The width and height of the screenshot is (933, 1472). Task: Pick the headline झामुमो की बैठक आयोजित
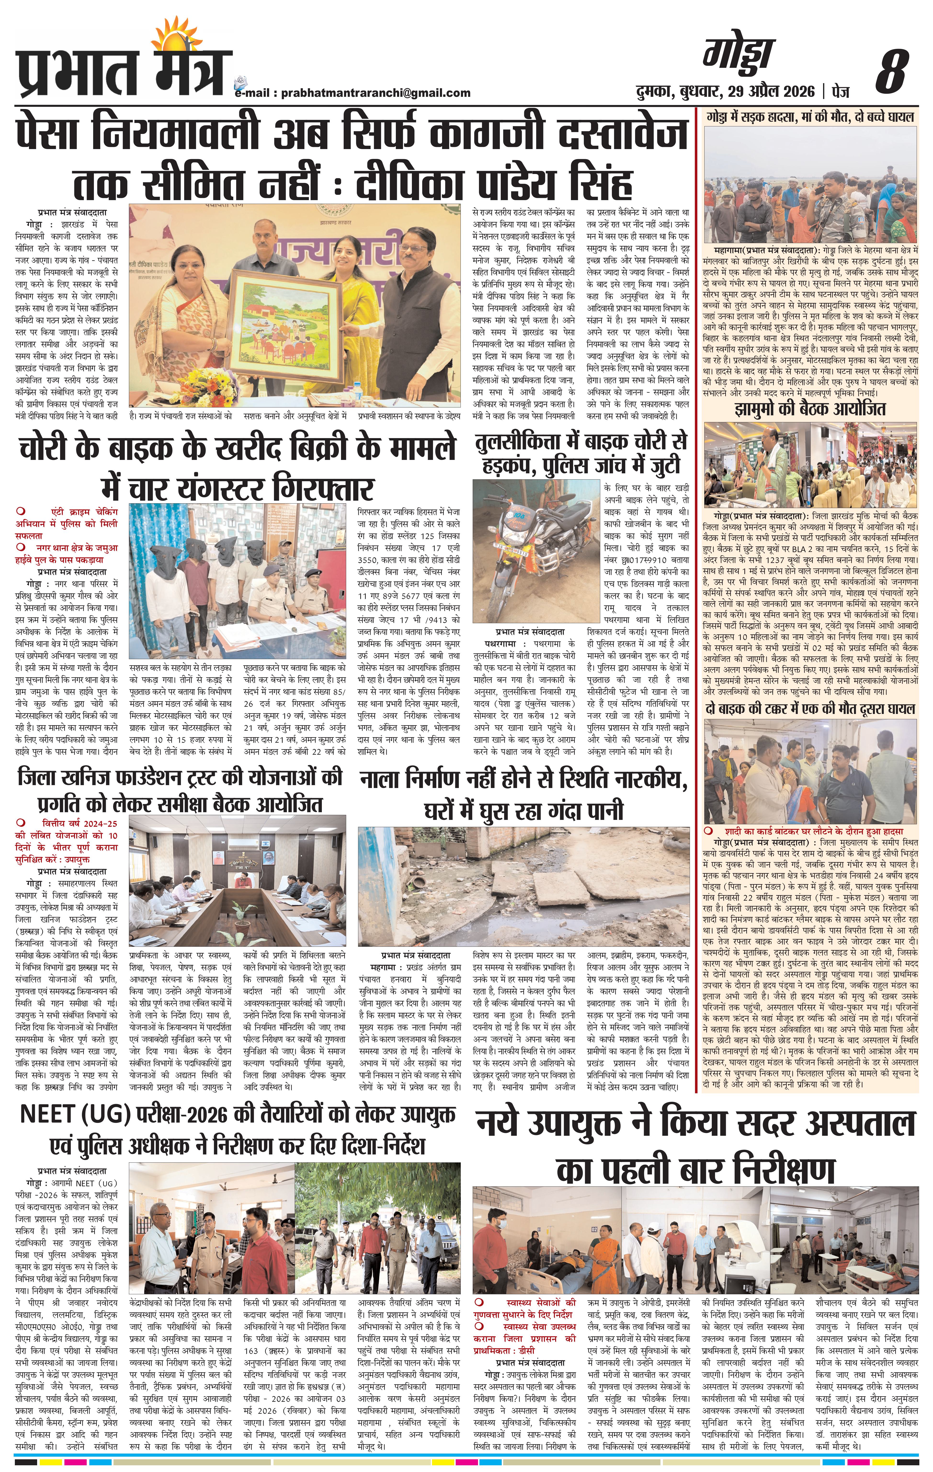(810, 409)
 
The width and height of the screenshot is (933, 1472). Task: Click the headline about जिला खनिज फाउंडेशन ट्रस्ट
(180, 790)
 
